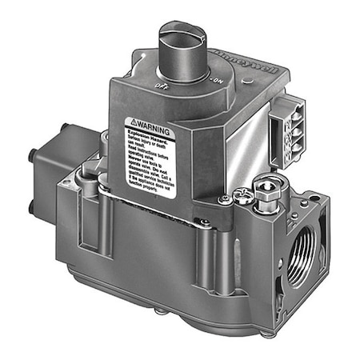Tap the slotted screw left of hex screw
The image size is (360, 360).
tap(227, 196)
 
